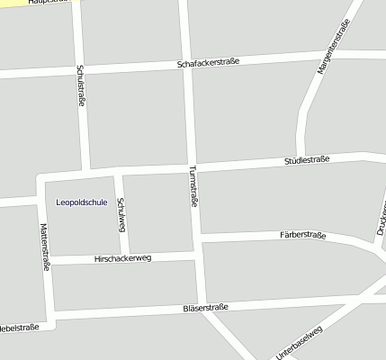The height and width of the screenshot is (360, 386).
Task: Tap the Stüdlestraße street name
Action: (307, 159)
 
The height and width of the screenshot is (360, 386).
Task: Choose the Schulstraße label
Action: (81, 85)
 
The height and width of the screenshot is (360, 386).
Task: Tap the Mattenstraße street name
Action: (43, 247)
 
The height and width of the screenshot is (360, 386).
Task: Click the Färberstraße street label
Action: (302, 236)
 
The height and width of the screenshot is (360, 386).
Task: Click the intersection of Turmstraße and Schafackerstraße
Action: (187, 65)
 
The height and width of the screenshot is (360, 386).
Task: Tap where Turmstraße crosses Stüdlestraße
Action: (191, 166)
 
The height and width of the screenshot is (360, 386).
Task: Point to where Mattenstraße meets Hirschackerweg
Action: (49, 261)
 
